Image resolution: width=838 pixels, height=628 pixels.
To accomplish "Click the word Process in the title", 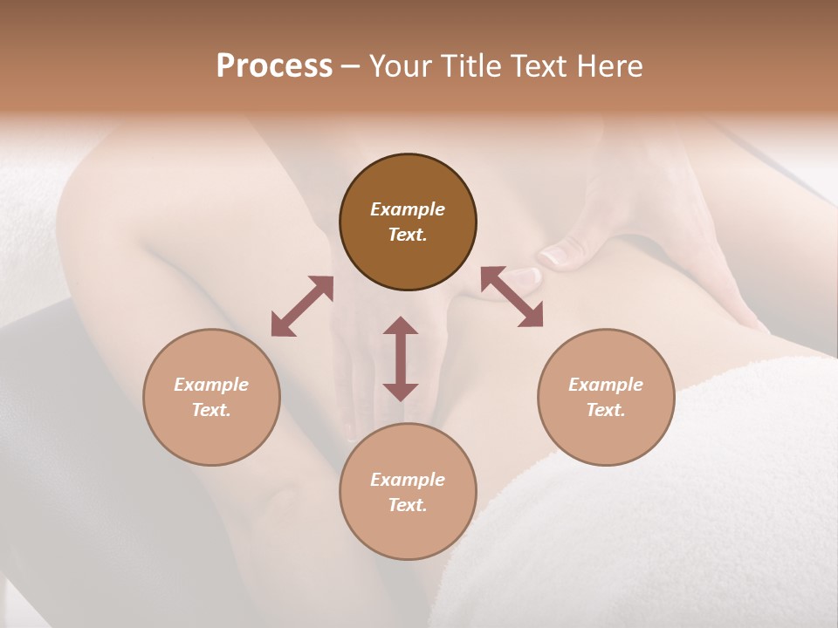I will pos(274,66).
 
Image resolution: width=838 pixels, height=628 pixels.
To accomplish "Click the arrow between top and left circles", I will pos(302,306).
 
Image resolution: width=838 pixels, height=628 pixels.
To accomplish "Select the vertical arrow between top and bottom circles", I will pos(401,358).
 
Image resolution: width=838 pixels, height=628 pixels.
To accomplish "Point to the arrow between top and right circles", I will pos(512,297).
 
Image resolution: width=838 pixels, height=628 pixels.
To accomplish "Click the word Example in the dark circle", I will pos(408,209).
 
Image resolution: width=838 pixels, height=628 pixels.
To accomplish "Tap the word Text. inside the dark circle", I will pos(408,235).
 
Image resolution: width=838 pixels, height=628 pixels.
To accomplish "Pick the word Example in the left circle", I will pos(211,385).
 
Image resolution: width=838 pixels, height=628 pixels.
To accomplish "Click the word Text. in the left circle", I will pos(211,410).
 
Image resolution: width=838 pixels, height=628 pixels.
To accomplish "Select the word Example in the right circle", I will pos(606,385).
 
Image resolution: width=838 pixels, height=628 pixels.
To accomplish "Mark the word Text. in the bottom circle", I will pos(408,505).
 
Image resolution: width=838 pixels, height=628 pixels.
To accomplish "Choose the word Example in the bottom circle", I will pos(408,480).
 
